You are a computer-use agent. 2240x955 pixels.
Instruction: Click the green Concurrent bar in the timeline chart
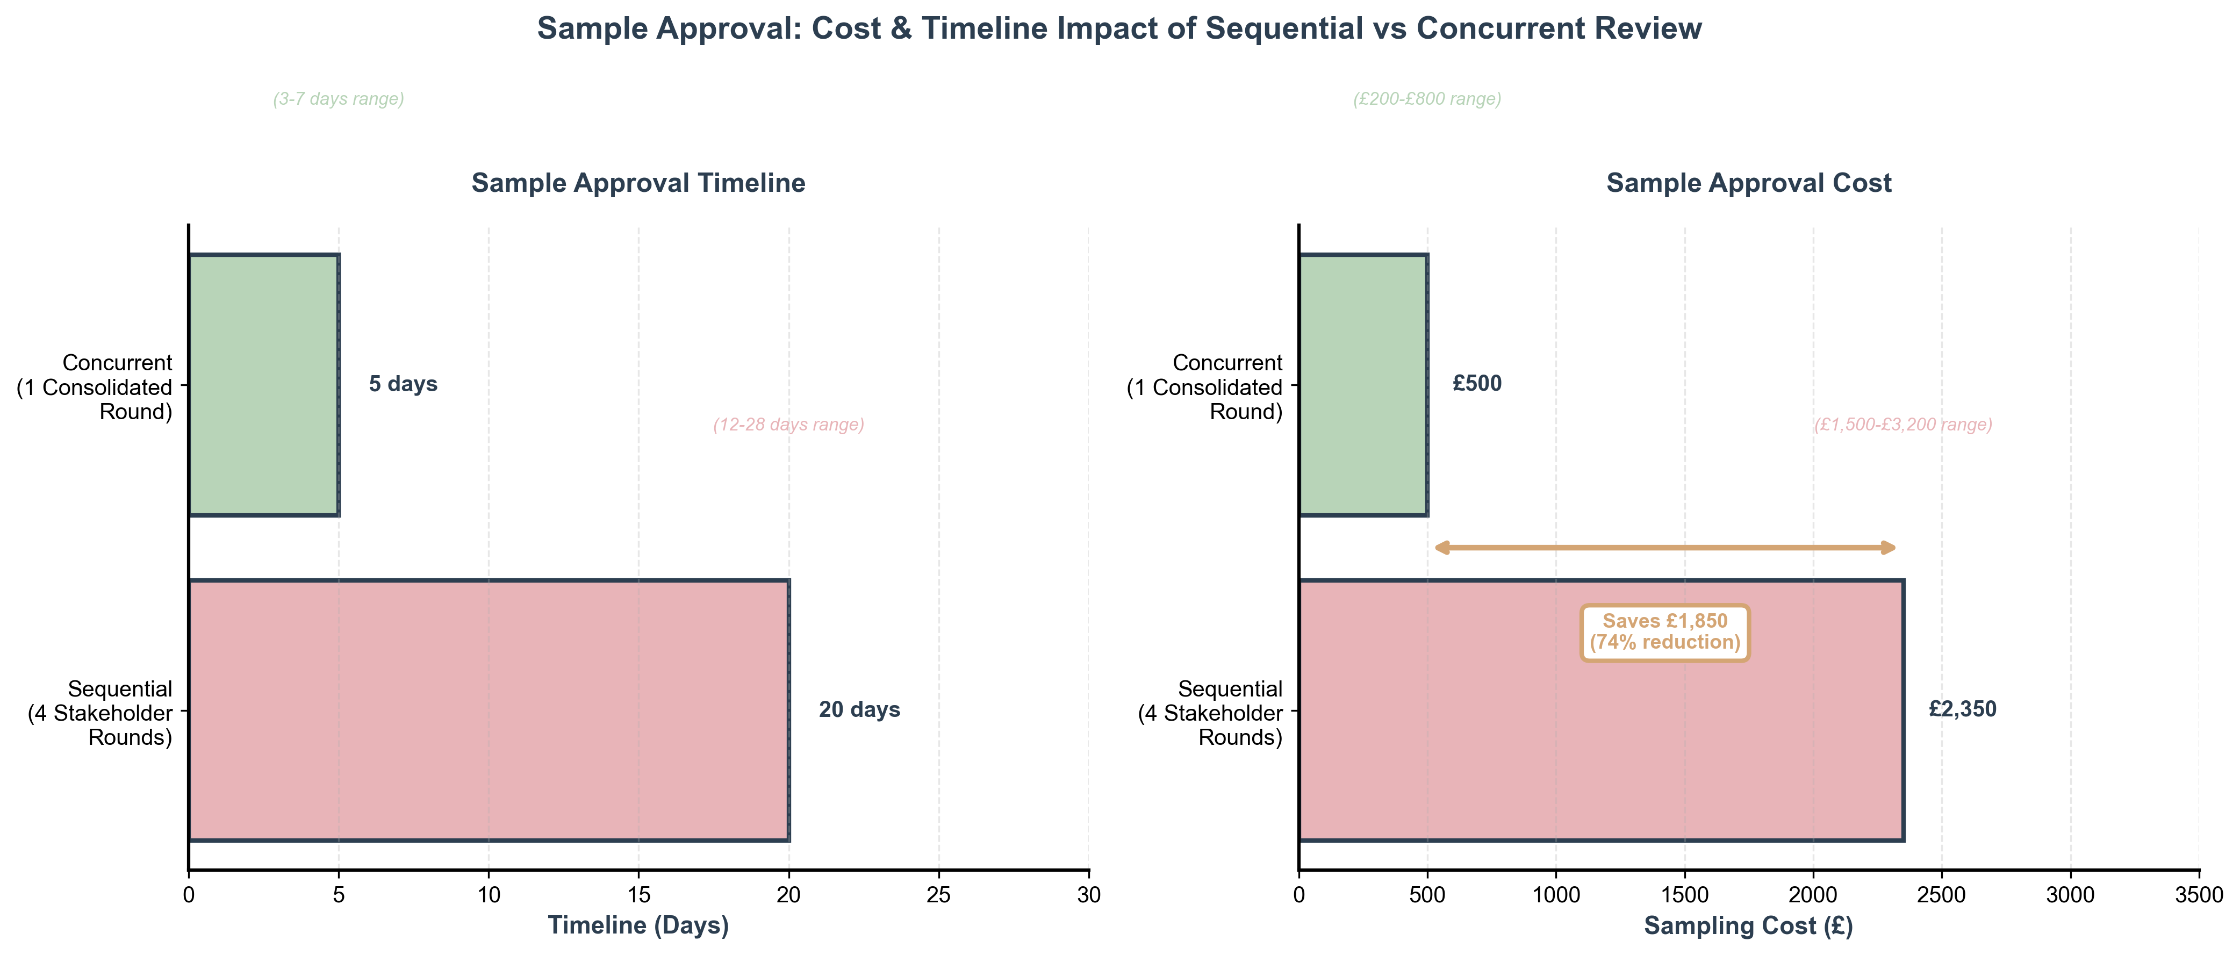click(263, 384)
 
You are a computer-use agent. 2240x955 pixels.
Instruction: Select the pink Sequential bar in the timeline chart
click(489, 710)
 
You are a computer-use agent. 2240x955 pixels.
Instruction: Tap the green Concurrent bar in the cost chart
click(1362, 384)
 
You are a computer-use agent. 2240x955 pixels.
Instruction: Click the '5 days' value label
click(403, 384)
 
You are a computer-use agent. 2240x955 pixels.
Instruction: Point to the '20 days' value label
click(859, 710)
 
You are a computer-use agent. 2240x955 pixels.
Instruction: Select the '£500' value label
click(1476, 384)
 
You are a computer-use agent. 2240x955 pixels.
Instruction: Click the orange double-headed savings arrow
click(1664, 547)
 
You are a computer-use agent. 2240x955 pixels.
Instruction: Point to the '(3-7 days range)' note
click(338, 99)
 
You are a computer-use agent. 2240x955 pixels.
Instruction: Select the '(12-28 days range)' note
click(789, 425)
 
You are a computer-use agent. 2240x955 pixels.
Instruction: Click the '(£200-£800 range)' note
click(1427, 99)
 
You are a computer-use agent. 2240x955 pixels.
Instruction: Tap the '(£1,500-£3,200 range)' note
click(1902, 425)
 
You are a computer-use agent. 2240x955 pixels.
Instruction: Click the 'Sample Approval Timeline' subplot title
click(638, 183)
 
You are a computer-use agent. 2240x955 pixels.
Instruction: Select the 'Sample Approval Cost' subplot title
click(1749, 183)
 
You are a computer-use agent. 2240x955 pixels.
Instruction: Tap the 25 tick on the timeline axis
click(938, 894)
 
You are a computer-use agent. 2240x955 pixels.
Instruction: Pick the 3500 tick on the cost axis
click(2198, 894)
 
